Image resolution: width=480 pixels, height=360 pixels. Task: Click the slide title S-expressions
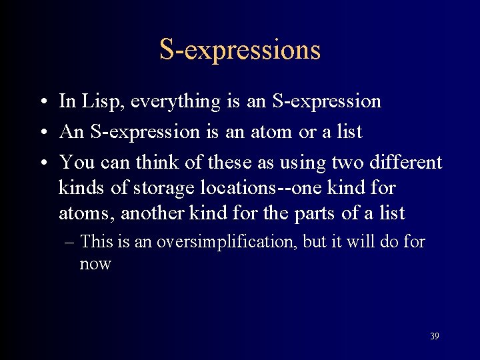pos(240,50)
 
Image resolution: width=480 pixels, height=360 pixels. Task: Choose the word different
pos(408,162)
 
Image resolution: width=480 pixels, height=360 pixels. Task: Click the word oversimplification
pos(227,241)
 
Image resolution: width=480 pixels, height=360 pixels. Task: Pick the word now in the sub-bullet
pos(95,264)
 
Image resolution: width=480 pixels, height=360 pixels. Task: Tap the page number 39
pos(434,336)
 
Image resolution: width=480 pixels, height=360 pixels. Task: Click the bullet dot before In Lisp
pos(42,102)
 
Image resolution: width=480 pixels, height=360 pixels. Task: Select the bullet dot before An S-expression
pos(42,133)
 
